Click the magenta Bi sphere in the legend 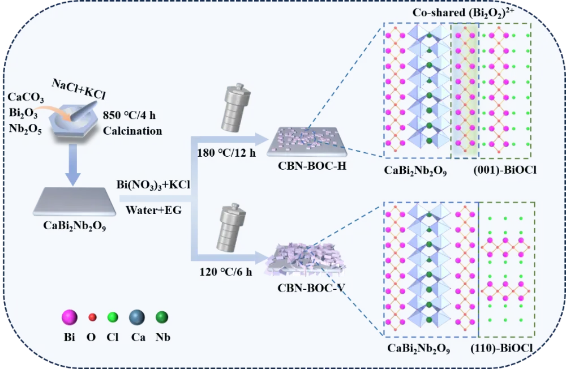(x=69, y=318)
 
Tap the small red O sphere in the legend (x=92, y=319)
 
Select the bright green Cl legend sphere (x=113, y=318)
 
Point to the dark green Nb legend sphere (x=162, y=318)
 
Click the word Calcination (x=133, y=131)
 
